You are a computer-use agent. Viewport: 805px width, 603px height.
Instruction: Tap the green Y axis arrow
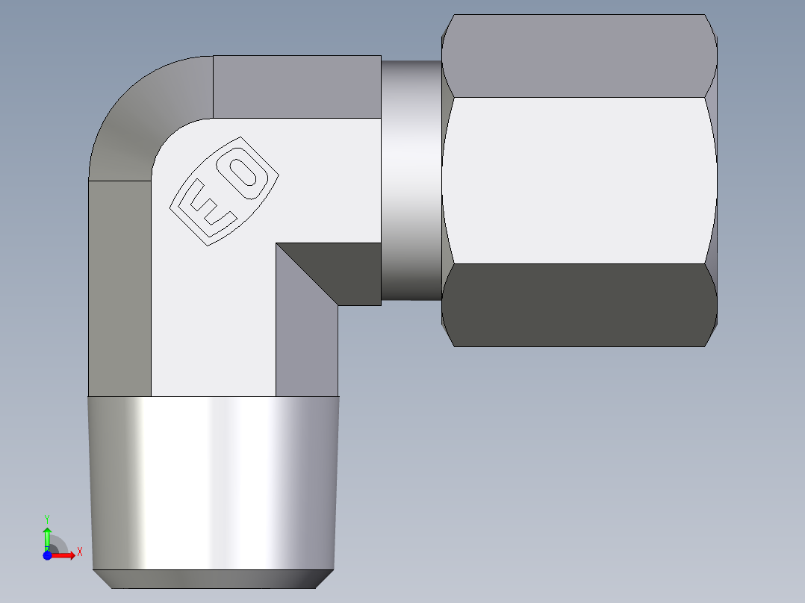pos(47,536)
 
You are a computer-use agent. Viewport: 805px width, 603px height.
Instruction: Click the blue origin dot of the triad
pos(48,554)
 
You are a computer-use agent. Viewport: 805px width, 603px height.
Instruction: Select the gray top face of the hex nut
pos(579,56)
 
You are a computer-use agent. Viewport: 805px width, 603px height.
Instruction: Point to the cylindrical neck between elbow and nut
pos(411,181)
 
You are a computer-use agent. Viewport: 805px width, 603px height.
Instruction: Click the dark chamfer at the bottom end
pos(213,579)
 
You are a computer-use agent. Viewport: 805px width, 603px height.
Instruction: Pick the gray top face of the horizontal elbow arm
pos(296,86)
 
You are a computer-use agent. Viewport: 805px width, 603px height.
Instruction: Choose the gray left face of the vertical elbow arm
pos(119,287)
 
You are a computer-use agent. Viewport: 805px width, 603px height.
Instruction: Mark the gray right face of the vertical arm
pos(306,351)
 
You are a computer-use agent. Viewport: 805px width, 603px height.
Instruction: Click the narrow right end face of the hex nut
pos(713,181)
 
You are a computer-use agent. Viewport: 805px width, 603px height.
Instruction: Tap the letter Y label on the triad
pos(47,517)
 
